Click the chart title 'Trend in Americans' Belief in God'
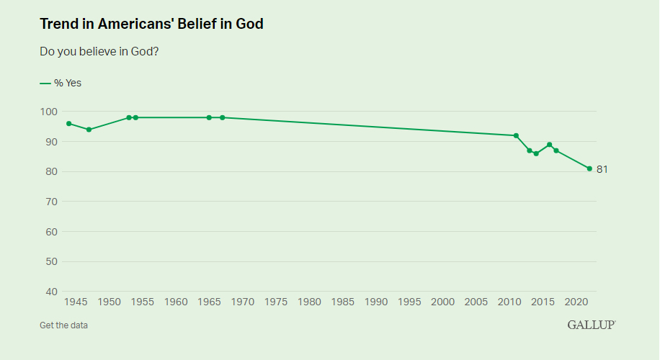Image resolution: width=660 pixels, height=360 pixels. pos(151,24)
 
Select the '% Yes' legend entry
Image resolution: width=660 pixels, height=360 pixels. pos(61,83)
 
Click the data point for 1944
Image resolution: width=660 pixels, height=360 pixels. pos(68,124)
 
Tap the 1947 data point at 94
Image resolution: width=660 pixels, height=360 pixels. pos(89,130)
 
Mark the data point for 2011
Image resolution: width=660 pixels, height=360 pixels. pos(516,135)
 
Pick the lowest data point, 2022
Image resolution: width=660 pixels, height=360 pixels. pos(589,168)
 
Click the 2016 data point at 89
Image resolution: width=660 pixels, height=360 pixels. pos(549,145)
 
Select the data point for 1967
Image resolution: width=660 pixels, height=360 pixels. pos(222,117)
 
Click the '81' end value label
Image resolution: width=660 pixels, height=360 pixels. pos(602,169)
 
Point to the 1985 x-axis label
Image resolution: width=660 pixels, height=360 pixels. pos(342,302)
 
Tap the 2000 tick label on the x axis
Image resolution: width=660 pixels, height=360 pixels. pos(442,302)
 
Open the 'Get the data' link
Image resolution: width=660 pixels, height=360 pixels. pos(63,325)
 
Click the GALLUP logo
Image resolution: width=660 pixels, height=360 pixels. pos(592,325)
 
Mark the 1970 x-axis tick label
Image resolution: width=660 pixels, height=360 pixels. pos(242,302)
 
